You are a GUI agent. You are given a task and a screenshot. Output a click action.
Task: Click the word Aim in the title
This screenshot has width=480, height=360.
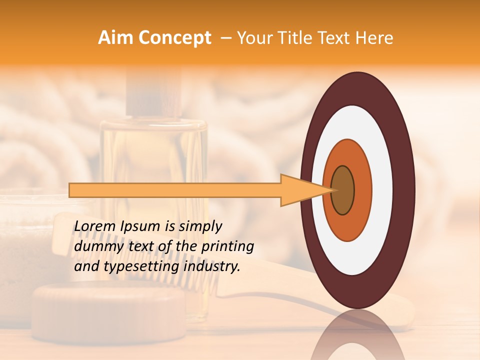coord(115,38)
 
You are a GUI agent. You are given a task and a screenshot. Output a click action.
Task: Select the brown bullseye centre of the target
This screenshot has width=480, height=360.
coord(342,190)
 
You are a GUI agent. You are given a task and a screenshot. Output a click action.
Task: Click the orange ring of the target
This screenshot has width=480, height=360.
coord(362,190)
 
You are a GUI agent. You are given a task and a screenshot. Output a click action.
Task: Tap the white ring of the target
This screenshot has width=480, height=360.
coord(382,190)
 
